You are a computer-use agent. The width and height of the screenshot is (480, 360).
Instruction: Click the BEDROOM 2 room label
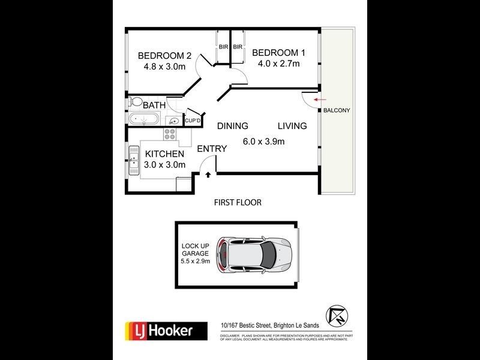[164, 56]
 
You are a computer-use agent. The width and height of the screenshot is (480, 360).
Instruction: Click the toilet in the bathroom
[136, 102]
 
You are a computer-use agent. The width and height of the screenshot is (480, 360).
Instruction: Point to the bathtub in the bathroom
[144, 119]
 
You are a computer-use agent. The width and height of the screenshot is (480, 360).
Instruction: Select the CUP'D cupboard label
[192, 121]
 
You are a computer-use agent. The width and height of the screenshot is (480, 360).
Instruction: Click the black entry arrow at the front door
[208, 175]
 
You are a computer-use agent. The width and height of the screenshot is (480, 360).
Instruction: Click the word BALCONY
[337, 111]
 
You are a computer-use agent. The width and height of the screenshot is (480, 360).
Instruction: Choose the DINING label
[233, 126]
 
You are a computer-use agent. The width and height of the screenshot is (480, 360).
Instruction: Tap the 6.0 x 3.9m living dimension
[263, 142]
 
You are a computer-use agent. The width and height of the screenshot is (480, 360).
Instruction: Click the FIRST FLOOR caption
[238, 203]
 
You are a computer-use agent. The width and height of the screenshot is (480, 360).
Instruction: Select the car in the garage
[255, 253]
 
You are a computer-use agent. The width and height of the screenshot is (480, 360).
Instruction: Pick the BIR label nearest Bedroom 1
[238, 47]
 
